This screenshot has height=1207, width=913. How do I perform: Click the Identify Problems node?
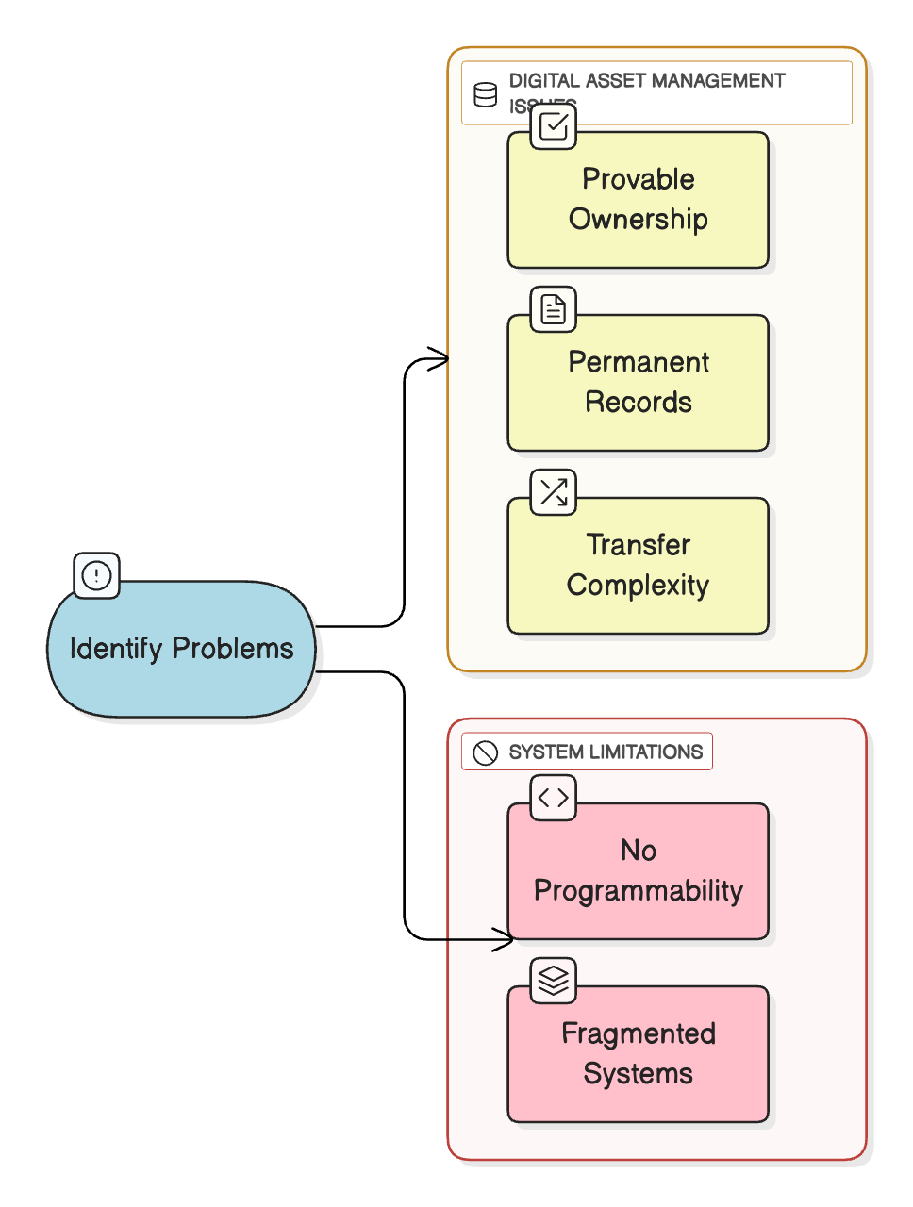tap(181, 649)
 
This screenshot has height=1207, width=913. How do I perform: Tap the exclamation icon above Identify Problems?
tap(97, 575)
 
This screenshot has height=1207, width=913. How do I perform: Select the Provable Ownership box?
tap(638, 200)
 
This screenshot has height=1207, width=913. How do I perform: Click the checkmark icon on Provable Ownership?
tap(554, 126)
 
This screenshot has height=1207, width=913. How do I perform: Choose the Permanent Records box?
tap(638, 383)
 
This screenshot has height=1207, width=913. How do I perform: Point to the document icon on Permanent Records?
tap(554, 309)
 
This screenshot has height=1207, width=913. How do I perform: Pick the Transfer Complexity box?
tap(638, 566)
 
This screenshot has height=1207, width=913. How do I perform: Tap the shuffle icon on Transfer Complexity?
tap(554, 492)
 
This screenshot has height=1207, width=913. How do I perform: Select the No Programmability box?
tap(638, 871)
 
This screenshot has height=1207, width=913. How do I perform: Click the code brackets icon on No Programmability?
tap(554, 798)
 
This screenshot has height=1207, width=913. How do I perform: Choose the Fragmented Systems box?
tap(638, 1054)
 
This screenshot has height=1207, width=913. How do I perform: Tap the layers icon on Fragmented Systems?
tap(554, 981)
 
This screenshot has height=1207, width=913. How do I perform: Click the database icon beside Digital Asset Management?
tap(486, 94)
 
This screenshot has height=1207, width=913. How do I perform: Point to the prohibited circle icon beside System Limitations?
tap(486, 752)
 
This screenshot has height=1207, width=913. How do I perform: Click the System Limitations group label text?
tap(606, 752)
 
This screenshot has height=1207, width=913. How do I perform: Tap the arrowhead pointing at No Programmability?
tap(505, 939)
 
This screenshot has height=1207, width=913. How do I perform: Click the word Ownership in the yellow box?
tap(638, 220)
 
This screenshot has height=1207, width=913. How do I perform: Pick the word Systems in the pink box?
tap(638, 1074)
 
